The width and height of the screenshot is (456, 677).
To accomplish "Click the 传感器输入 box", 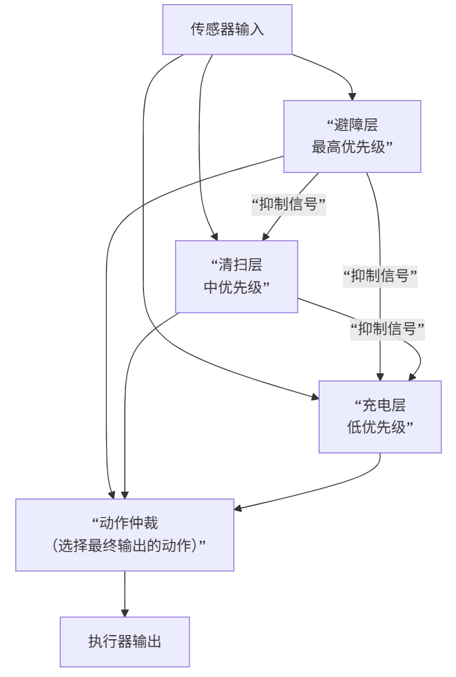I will pos(227,30).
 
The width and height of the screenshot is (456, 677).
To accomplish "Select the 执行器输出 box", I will pos(125,642).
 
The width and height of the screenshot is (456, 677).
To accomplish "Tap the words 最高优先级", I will pos(352,147).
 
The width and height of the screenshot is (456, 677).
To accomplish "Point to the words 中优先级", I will pos(236,287).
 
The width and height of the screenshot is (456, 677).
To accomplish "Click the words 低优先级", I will pos(380,427).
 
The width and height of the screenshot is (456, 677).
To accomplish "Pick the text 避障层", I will pos(352,126).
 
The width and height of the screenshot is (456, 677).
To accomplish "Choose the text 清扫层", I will pos(236,266).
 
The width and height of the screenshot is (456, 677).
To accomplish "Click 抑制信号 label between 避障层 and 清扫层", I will pos(289,205).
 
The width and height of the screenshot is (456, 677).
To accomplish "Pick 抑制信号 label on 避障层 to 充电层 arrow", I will pos(381,276).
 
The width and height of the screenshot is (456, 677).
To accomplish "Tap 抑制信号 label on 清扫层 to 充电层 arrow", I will pos(387,329).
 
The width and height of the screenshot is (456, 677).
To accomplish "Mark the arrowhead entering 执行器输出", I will pos(125,612).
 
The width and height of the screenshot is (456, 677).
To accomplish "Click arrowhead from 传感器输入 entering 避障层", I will pos(352,96).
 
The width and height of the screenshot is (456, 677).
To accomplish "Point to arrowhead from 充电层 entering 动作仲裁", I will pos(238,509).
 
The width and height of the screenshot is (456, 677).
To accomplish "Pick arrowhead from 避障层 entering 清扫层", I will pos(266,236).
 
